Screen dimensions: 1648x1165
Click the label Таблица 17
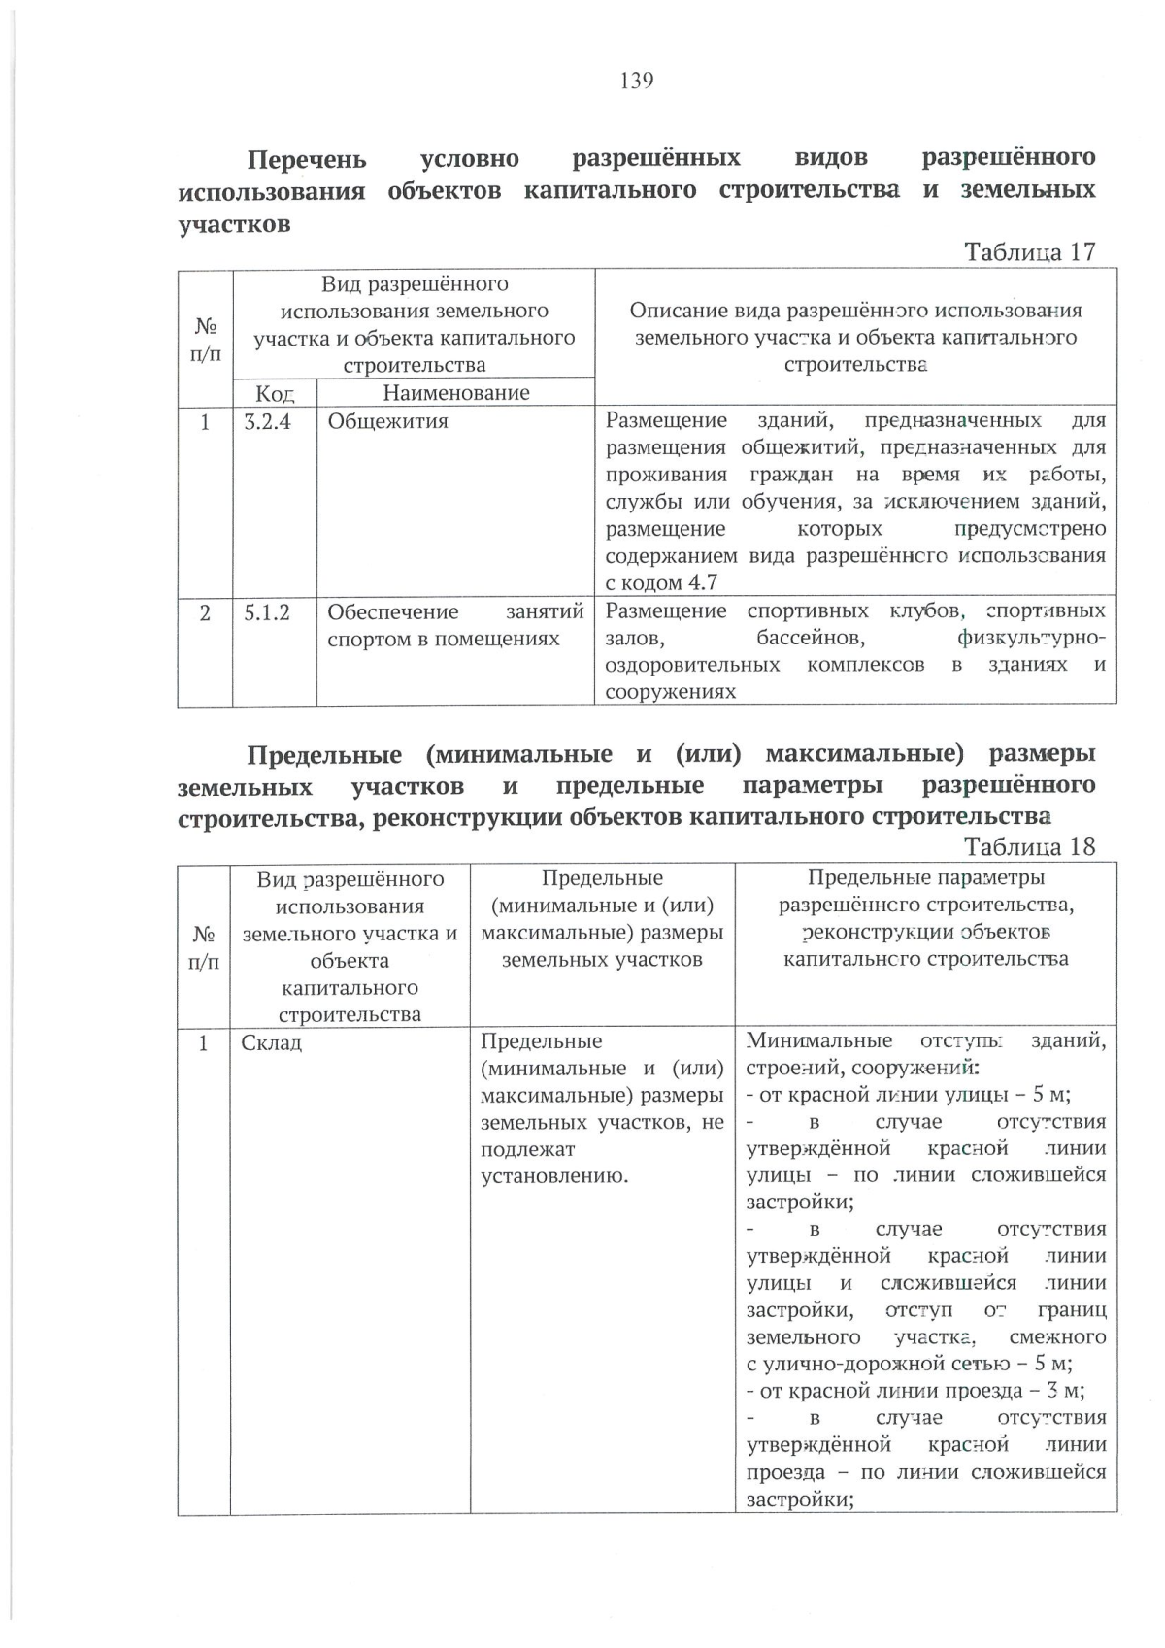point(1029,252)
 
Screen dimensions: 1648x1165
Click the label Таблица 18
point(1029,846)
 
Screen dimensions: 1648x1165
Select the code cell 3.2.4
point(267,421)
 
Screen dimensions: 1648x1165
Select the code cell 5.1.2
point(267,612)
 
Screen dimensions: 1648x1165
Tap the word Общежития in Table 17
point(387,421)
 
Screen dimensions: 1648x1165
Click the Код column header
point(274,393)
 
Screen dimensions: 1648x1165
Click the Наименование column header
point(455,393)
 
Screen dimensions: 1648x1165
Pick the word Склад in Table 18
point(271,1042)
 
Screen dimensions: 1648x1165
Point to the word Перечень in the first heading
point(307,158)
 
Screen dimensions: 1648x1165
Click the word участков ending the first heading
point(234,224)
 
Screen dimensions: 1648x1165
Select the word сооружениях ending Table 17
point(670,692)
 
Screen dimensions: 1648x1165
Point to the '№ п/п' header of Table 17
point(204,340)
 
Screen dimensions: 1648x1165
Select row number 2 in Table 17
point(204,612)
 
